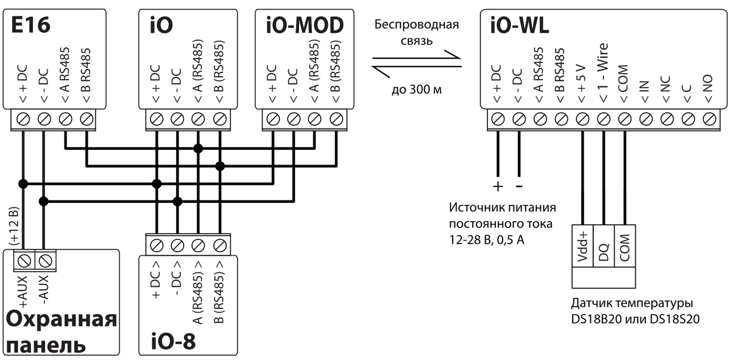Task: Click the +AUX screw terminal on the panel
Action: point(24,261)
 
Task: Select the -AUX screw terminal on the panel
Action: point(44,261)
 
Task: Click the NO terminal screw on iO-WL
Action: point(709,118)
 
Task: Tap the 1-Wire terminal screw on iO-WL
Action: point(603,118)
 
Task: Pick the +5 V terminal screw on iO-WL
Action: point(582,118)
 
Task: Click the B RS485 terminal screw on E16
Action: point(86,118)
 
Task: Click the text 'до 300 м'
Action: point(416,90)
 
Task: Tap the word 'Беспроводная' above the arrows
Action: point(417,26)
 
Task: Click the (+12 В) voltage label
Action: point(13,226)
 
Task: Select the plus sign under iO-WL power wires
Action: point(498,185)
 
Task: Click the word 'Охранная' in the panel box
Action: point(61,320)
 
